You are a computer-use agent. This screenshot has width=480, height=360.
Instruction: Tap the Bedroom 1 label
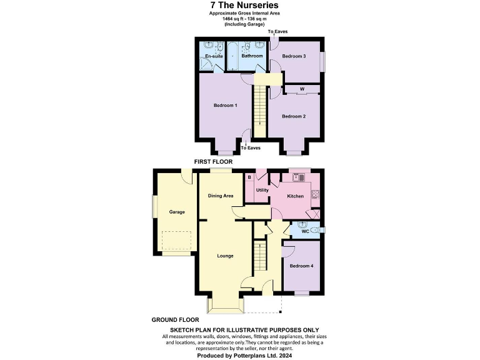225,106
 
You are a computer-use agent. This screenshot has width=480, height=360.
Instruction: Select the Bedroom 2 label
293,116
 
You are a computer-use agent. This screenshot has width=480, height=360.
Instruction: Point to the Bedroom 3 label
293,56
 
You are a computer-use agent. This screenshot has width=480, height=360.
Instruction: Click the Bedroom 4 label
302,266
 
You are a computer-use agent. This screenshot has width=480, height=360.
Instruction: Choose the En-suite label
214,56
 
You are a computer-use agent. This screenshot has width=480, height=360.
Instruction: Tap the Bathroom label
252,56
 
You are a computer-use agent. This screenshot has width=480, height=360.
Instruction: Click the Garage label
177,212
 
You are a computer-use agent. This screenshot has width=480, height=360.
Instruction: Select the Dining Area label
221,196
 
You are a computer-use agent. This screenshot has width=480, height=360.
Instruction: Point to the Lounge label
225,256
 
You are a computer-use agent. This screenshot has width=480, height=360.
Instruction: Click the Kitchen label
295,196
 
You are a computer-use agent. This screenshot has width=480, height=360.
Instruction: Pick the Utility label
262,190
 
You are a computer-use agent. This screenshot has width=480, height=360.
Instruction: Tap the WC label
305,231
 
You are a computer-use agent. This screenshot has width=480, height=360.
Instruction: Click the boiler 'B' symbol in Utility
249,177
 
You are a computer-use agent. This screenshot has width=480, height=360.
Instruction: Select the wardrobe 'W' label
302,89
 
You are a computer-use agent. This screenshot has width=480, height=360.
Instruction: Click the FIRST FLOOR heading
213,162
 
